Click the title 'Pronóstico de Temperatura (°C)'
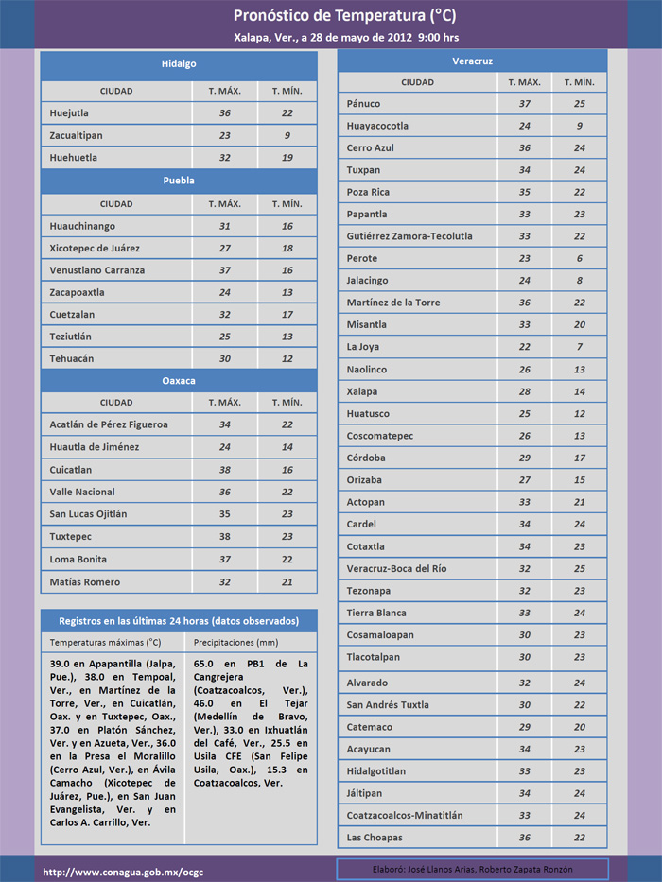click(x=344, y=15)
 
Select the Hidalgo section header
click(x=179, y=64)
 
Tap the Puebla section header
click(x=179, y=180)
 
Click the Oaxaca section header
click(x=179, y=380)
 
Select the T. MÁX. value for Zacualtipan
click(x=225, y=135)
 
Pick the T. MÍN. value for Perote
click(x=580, y=258)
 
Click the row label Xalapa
click(x=361, y=391)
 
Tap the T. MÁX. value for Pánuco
click(x=525, y=104)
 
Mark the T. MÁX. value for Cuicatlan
click(x=225, y=470)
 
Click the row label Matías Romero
click(x=85, y=581)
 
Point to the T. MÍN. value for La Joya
click(x=580, y=347)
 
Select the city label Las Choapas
click(x=375, y=838)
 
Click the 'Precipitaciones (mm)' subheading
click(x=237, y=642)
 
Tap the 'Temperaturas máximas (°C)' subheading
click(x=106, y=642)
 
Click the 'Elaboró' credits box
click(x=472, y=869)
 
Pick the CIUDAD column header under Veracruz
click(x=417, y=82)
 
